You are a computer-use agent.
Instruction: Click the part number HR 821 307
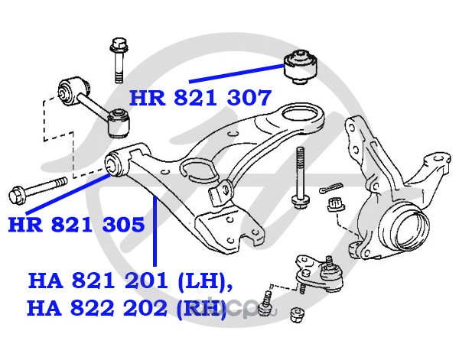click(x=200, y=98)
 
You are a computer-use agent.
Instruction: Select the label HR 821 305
click(x=76, y=225)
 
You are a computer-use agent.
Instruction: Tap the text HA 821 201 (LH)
click(x=130, y=281)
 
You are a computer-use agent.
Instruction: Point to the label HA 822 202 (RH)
click(x=127, y=309)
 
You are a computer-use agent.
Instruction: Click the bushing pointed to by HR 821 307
click(x=301, y=66)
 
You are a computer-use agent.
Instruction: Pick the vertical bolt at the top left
click(x=119, y=60)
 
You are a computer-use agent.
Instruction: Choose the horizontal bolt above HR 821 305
click(x=38, y=190)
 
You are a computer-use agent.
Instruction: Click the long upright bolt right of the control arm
click(x=299, y=177)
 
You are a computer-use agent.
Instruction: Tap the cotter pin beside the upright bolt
click(x=330, y=187)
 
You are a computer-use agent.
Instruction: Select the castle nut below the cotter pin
click(x=336, y=204)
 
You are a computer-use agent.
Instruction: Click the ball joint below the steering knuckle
click(x=319, y=274)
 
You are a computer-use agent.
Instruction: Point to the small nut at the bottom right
click(x=297, y=315)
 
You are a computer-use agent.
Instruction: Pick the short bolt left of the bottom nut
click(x=265, y=304)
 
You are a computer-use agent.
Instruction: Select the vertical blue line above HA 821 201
click(x=155, y=232)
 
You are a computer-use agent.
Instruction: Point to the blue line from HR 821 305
click(x=68, y=193)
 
